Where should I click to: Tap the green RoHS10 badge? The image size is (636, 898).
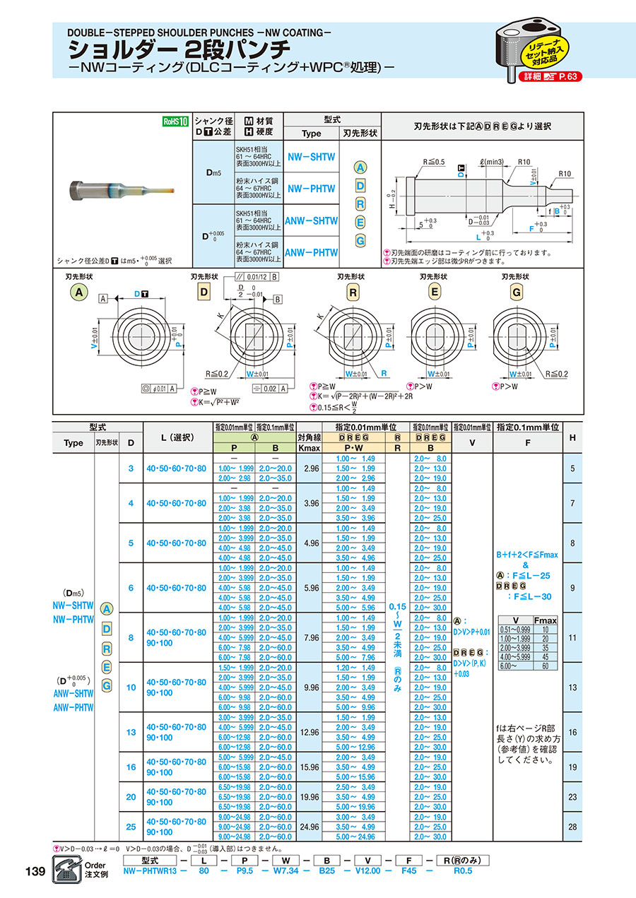point(175,121)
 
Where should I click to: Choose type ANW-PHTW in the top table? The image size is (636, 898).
point(312,252)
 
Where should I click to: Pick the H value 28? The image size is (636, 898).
point(572,827)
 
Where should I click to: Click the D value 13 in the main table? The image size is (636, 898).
point(131,733)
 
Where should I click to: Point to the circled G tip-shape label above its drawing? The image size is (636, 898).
point(517,292)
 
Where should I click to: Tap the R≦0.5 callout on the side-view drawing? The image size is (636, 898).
point(435,162)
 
